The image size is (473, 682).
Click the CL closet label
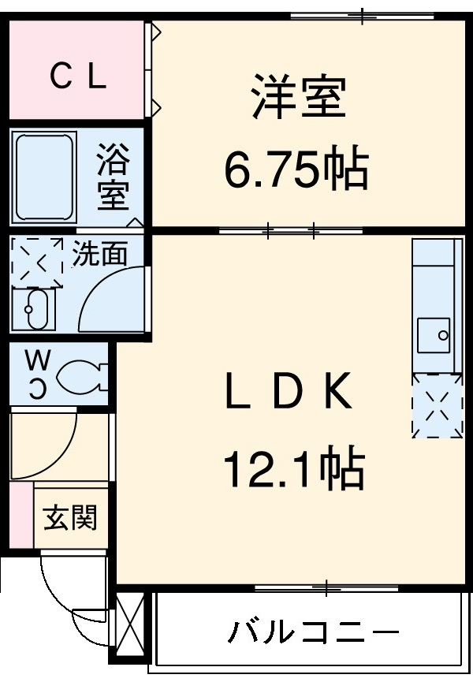pyautogui.click(x=77, y=76)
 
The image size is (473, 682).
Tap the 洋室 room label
pyautogui.click(x=298, y=97)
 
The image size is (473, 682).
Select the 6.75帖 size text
pyautogui.click(x=296, y=168)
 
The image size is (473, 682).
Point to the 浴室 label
pyautogui.click(x=113, y=179)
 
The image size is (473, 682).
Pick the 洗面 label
pyautogui.click(x=99, y=254)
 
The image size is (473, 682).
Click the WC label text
pyautogui.click(x=37, y=372)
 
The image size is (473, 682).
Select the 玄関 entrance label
pyautogui.click(x=70, y=518)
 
